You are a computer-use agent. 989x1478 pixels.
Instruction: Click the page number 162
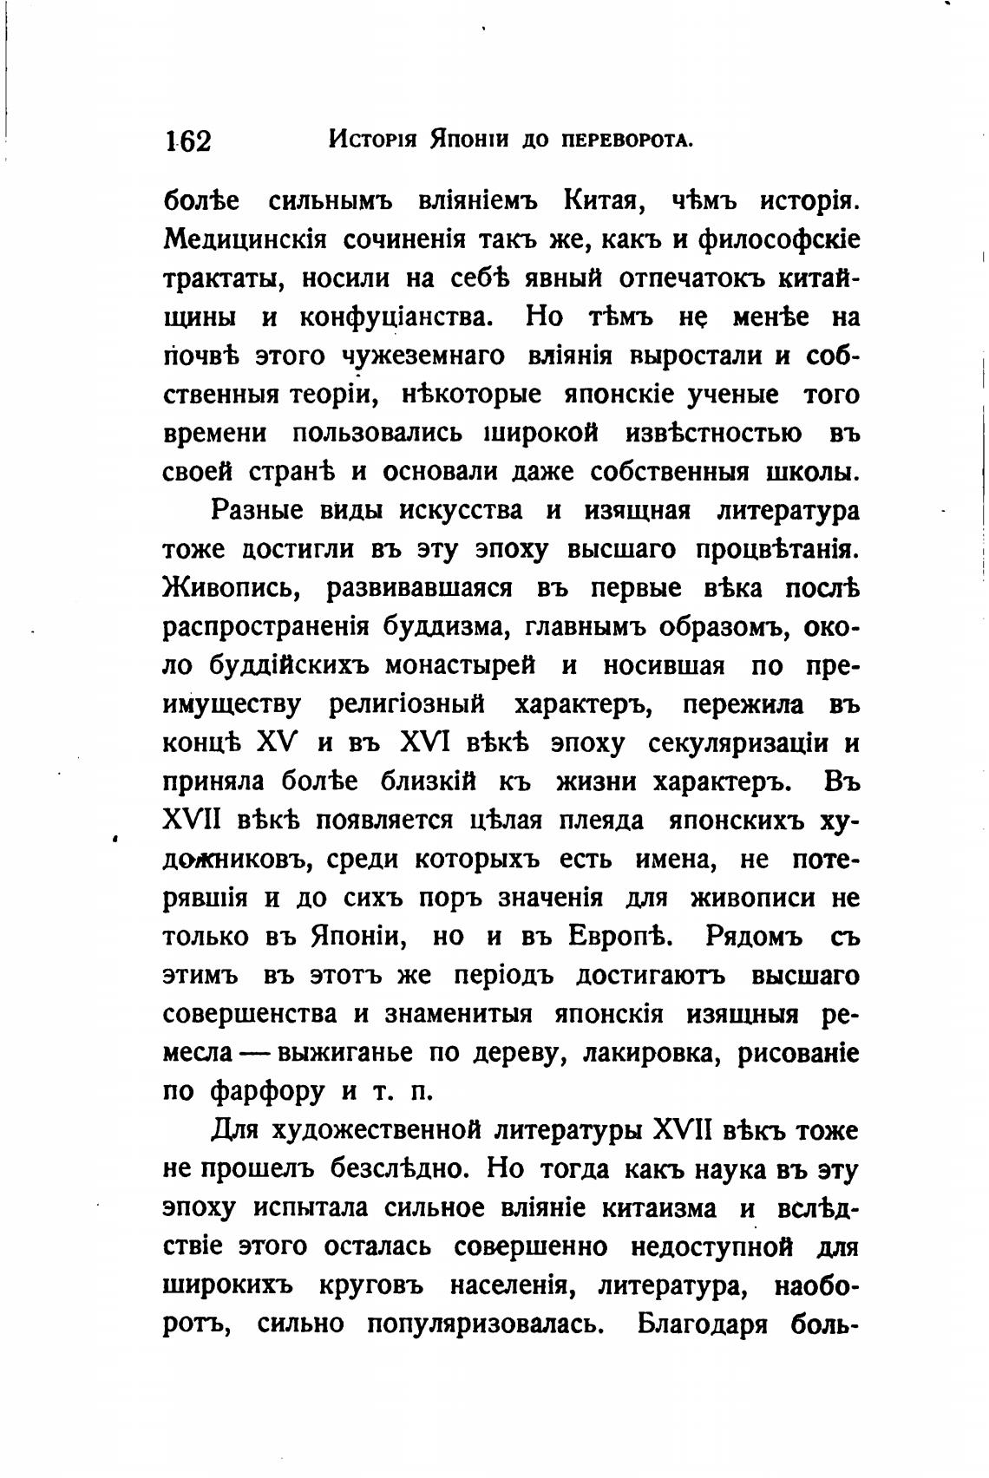(187, 140)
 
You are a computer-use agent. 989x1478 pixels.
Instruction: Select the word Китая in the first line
(602, 201)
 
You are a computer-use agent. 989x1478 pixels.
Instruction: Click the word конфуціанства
(396, 317)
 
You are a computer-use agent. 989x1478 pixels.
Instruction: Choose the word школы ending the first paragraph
(812, 472)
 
